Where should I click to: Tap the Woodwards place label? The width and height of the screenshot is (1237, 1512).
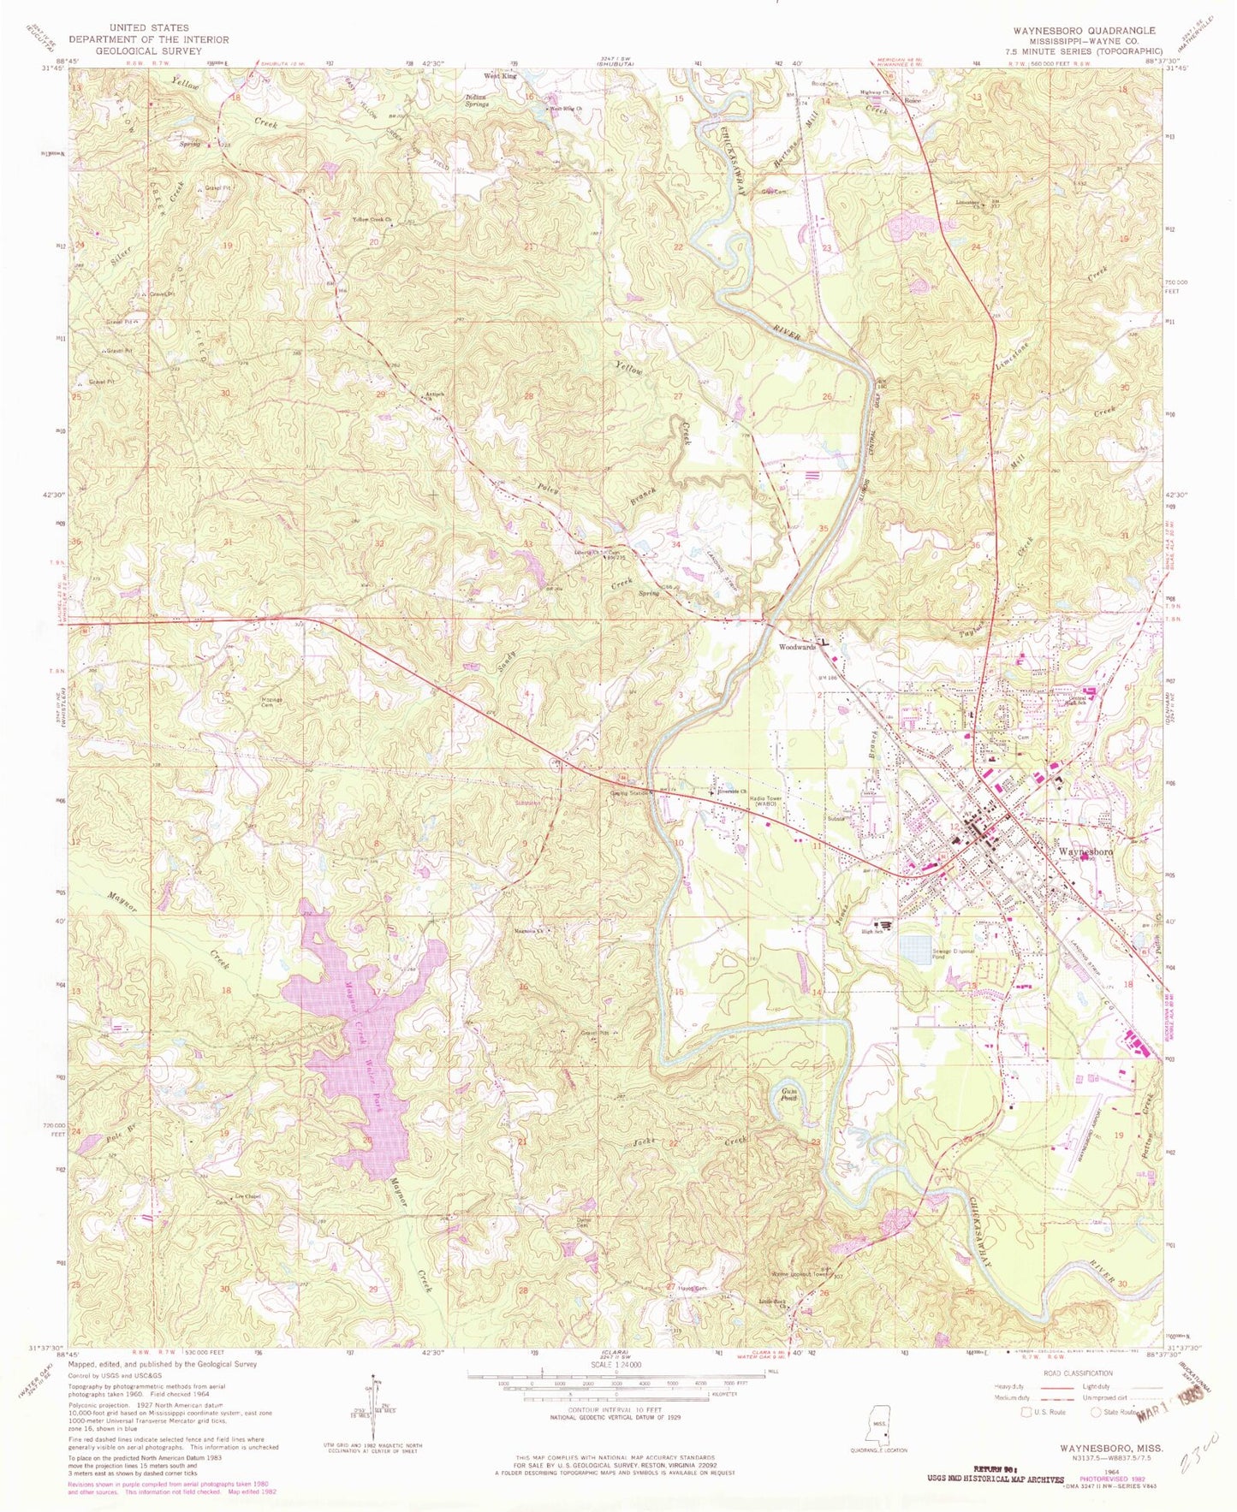[x=795, y=647]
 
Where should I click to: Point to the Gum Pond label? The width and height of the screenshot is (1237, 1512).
[x=789, y=1094]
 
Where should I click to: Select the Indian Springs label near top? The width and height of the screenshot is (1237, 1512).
[x=477, y=100]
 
